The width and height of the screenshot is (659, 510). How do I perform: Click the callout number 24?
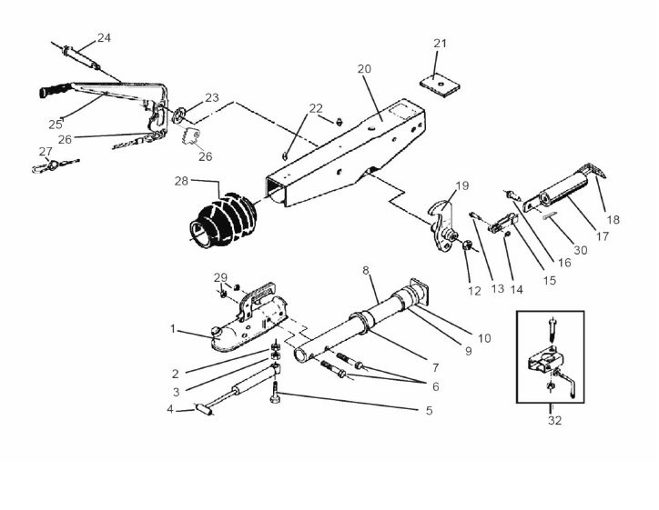click(104, 38)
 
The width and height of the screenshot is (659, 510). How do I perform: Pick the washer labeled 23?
click(179, 114)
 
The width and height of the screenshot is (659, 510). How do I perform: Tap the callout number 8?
click(365, 270)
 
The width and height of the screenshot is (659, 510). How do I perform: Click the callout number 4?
click(169, 409)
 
